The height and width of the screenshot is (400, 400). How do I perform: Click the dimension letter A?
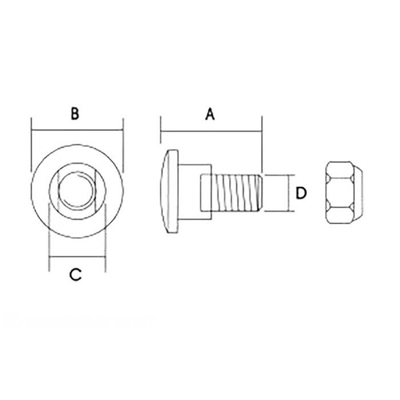[210, 114]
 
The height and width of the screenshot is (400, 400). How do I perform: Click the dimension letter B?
[75, 114]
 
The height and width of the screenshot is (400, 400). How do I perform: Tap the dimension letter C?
[75, 275]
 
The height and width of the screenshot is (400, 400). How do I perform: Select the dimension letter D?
[301, 193]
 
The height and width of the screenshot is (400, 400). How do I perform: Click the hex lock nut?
[344, 193]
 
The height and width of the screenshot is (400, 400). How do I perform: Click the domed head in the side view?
[169, 191]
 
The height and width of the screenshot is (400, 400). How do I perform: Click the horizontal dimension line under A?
[211, 131]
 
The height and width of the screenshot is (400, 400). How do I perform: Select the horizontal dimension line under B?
[77, 131]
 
